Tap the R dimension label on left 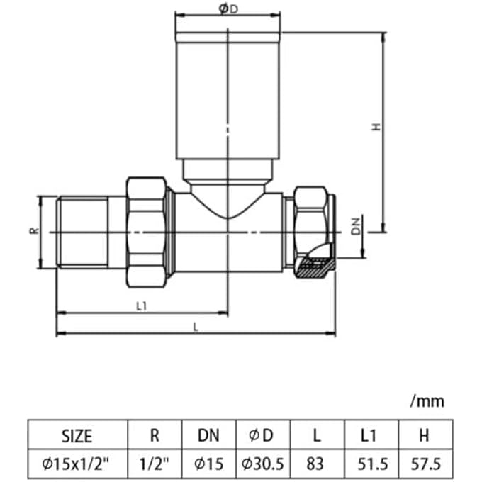click(34, 232)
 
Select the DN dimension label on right click(357, 227)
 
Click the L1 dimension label click(140, 306)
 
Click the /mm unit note click(427, 401)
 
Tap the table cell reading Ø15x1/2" click(77, 464)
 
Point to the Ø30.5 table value click(262, 464)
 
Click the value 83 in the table click(315, 464)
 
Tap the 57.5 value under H click(425, 464)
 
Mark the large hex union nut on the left click(146, 232)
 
